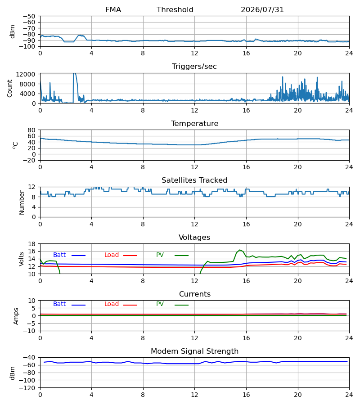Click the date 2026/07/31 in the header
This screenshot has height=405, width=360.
(x=262, y=10)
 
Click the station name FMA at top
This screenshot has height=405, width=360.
(x=113, y=10)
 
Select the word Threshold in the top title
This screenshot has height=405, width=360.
(x=175, y=10)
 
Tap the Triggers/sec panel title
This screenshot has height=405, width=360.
(x=194, y=67)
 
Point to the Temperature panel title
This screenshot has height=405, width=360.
(x=194, y=123)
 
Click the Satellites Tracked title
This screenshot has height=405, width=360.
(x=194, y=180)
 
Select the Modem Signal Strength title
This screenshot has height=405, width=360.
(x=194, y=351)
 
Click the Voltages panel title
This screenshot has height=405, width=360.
(x=194, y=237)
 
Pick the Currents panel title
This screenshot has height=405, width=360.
(x=195, y=294)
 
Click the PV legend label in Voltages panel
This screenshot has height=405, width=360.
(x=160, y=255)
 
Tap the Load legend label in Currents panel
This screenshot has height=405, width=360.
(x=112, y=304)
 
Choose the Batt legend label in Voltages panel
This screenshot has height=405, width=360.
(x=59, y=255)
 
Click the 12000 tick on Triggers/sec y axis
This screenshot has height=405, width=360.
(x=26, y=74)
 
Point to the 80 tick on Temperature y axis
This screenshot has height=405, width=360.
(x=31, y=130)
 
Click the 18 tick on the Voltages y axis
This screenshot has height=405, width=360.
(x=31, y=244)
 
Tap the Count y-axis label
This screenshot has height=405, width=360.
(x=9, y=88)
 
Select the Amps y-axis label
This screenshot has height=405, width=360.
(x=16, y=316)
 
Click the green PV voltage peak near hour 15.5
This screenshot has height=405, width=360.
(x=240, y=250)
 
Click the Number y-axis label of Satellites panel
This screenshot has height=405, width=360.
(x=22, y=202)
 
